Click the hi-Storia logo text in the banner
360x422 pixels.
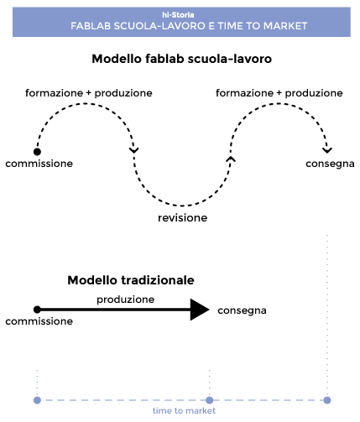178,14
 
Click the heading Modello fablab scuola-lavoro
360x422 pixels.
182,59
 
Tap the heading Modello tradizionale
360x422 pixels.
131,280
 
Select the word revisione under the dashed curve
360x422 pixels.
183,217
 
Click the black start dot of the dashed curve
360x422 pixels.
37,152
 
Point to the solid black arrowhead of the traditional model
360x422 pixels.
200,310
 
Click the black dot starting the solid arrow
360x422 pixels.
37,310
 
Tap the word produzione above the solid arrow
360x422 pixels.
126,300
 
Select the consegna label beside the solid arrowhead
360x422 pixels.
242,310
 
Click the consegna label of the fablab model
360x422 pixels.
330,164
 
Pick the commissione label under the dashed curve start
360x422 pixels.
39,164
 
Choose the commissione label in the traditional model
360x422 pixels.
39,321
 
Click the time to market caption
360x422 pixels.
184,410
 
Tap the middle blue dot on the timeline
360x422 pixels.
210,400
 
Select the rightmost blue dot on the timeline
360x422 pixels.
327,400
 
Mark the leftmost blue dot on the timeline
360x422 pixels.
37,400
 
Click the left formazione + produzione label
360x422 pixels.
89,93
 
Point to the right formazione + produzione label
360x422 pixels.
279,93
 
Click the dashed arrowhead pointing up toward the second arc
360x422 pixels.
231,159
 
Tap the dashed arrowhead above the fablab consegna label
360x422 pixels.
327,150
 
